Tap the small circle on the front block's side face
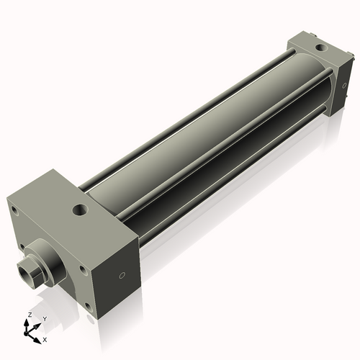122,274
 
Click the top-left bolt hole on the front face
14,210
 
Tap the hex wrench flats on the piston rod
33,272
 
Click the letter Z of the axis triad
29,315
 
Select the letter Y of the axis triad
44,318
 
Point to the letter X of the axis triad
45,338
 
